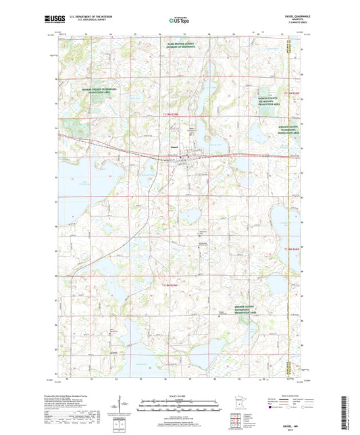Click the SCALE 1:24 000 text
pyautogui.click(x=179, y=396)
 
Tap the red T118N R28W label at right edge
pyautogui.click(x=290, y=250)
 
